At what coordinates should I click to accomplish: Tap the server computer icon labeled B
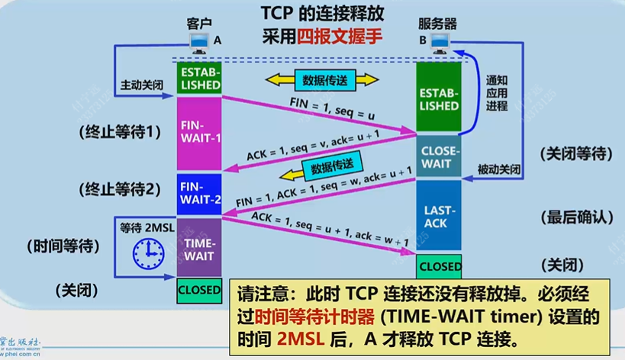440,44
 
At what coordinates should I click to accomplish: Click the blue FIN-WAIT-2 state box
199,194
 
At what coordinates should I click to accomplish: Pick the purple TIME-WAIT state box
199,246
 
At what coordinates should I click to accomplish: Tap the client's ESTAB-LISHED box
199,79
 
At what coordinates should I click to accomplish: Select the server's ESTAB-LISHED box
439,98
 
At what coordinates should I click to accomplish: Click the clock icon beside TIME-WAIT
148,252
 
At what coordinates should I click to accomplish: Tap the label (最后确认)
577,217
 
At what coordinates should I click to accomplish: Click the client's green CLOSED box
199,290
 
